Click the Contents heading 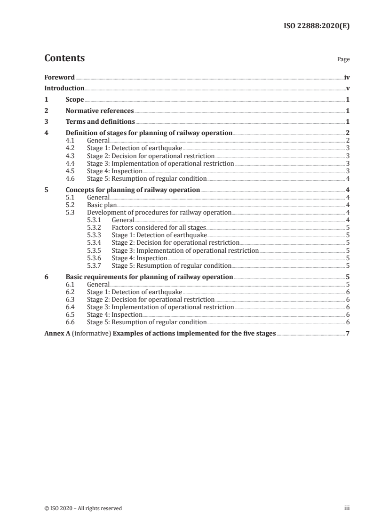tap(64, 58)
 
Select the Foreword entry tap(59, 77)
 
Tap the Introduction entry tap(64, 88)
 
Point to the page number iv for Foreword tap(347, 77)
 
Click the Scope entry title tap(75, 100)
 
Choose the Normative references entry tap(100, 111)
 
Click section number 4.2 tap(71, 148)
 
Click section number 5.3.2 tap(95, 227)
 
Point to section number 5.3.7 tap(95, 265)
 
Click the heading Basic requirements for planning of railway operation tap(149, 277)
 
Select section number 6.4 tap(71, 307)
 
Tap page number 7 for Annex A tap(348, 334)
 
